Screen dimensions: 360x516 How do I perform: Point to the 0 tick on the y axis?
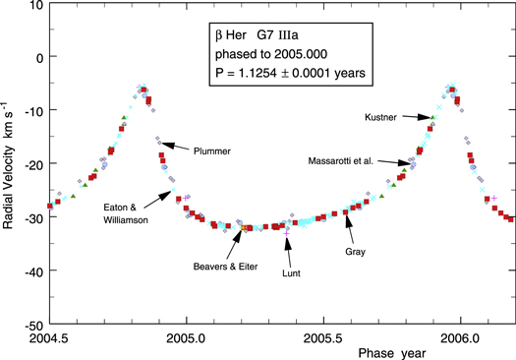click(36, 56)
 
